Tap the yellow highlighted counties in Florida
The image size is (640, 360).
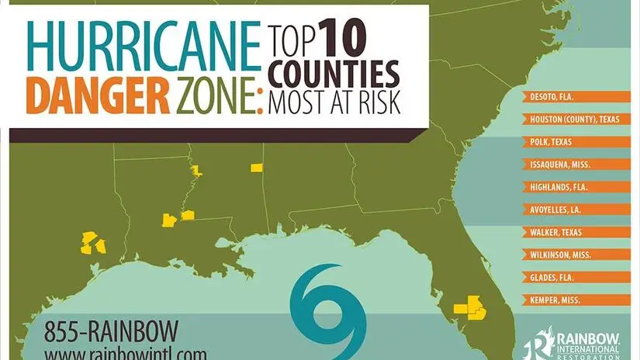point(469,306)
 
